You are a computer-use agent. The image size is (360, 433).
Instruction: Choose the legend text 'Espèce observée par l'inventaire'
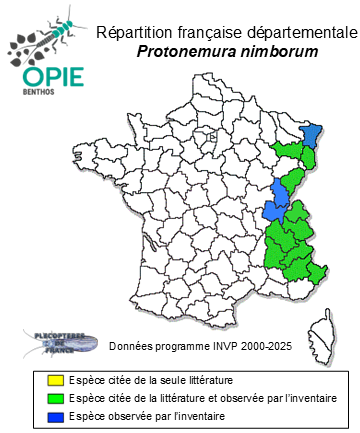pos(130,415)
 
